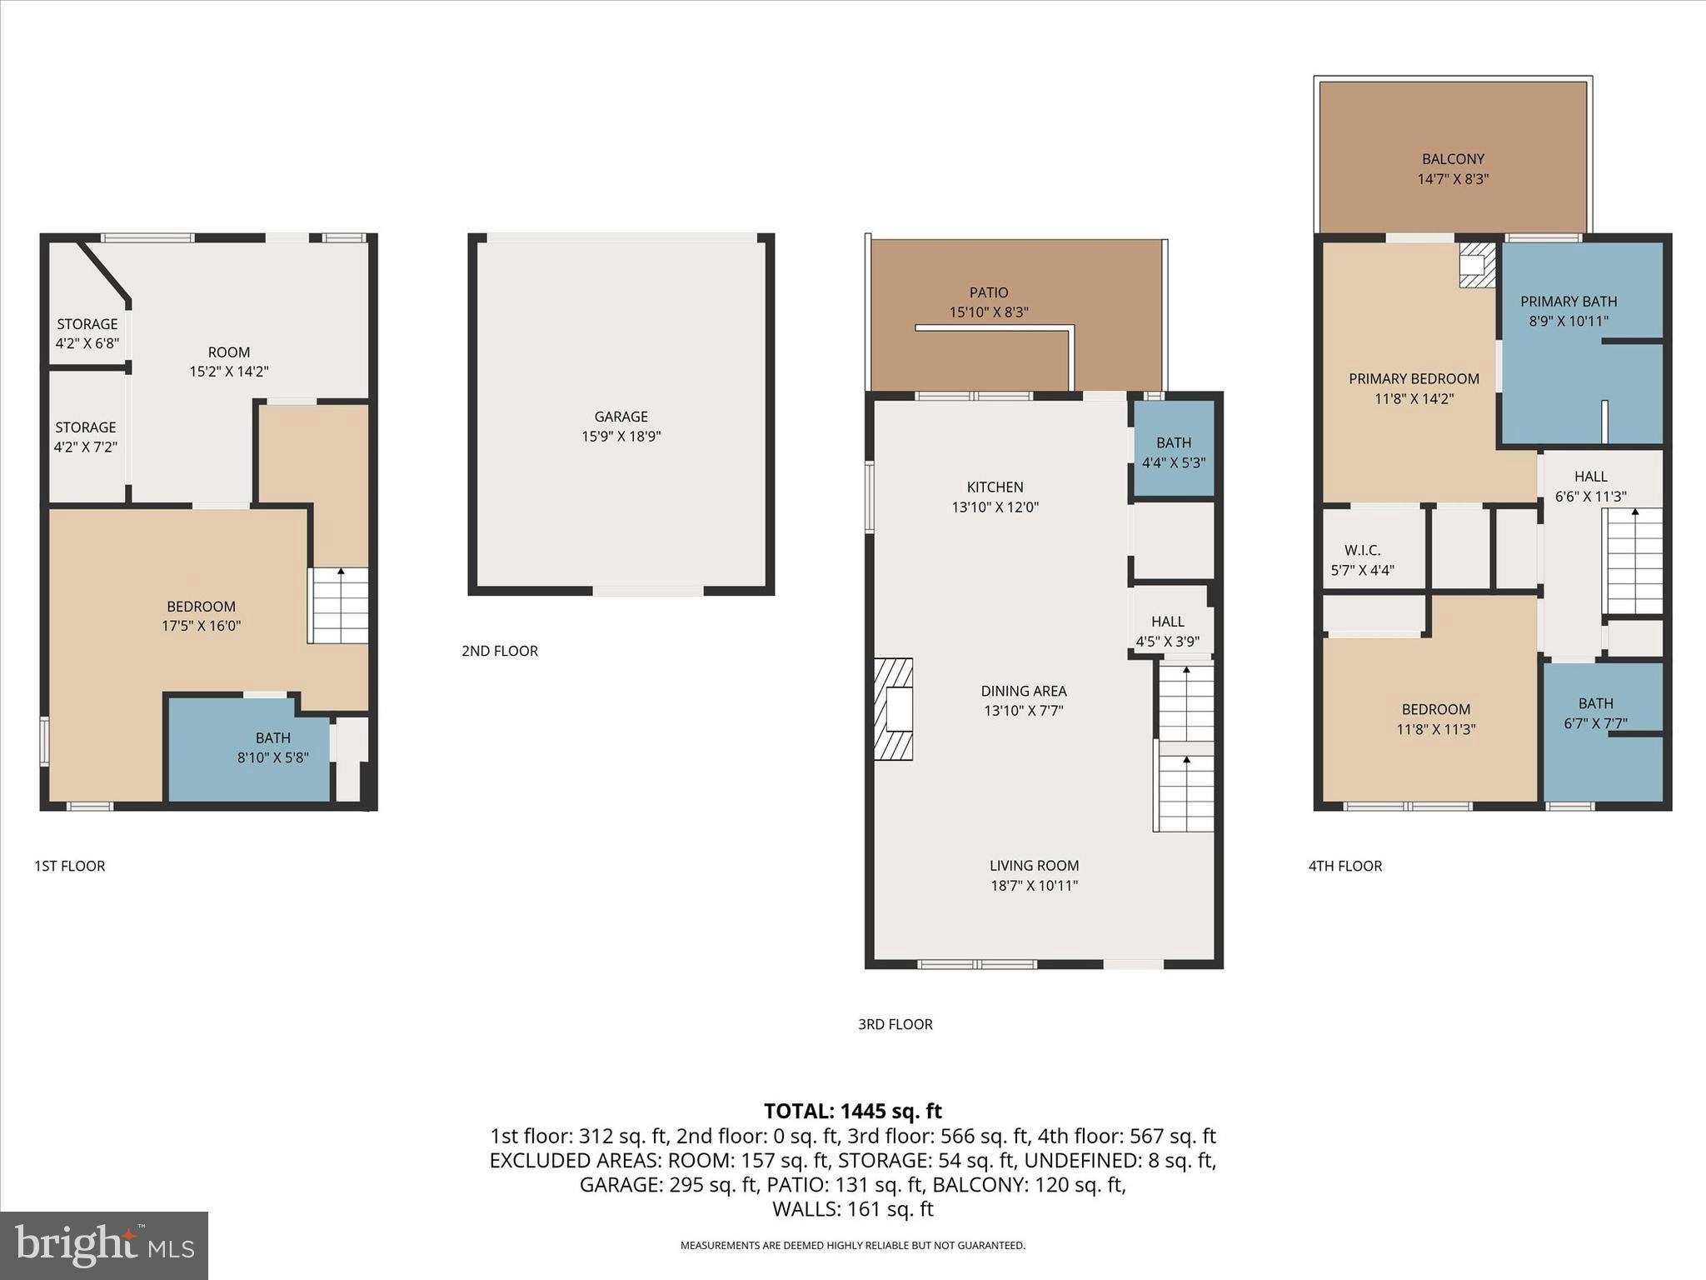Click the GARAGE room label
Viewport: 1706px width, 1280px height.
pyautogui.click(x=621, y=417)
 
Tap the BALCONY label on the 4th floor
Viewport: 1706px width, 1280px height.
pyautogui.click(x=1453, y=159)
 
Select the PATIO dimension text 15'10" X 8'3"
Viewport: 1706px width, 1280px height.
pyautogui.click(x=989, y=312)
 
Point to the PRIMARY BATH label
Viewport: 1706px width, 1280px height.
pyautogui.click(x=1569, y=302)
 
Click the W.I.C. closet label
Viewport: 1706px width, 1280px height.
pyautogui.click(x=1362, y=551)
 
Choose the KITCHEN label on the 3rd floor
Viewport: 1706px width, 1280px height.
pyautogui.click(x=995, y=487)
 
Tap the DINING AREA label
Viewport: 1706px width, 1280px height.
pyautogui.click(x=1023, y=691)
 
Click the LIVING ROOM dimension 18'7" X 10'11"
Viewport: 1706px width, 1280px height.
pyautogui.click(x=1034, y=886)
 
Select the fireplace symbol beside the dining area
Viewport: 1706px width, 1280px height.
pyautogui.click(x=893, y=709)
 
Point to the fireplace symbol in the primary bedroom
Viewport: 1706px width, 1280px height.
pyautogui.click(x=1477, y=265)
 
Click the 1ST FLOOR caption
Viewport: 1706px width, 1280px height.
pyautogui.click(x=70, y=866)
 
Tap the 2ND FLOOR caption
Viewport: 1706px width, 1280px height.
pyautogui.click(x=500, y=651)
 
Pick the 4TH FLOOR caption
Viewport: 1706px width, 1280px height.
pyautogui.click(x=1344, y=866)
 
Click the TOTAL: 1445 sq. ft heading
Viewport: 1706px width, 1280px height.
pyautogui.click(x=852, y=1111)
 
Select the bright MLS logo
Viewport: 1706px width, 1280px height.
pyautogui.click(x=104, y=1246)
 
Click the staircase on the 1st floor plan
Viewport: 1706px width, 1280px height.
pyautogui.click(x=338, y=606)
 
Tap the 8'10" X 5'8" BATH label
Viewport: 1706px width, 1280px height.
pyautogui.click(x=272, y=747)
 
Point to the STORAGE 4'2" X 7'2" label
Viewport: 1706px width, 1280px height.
pyautogui.click(x=86, y=437)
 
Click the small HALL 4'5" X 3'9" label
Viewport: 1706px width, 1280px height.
pyautogui.click(x=1167, y=632)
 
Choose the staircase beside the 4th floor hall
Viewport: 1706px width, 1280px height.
pyautogui.click(x=1634, y=561)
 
